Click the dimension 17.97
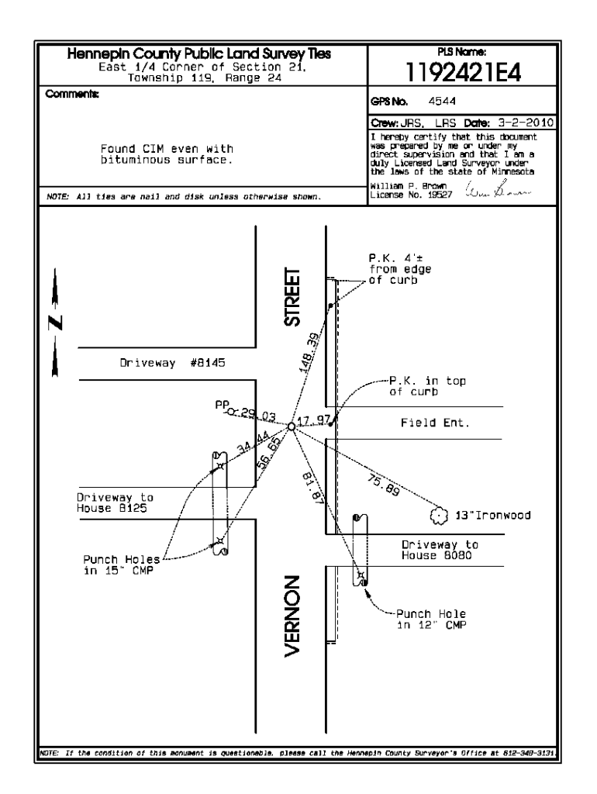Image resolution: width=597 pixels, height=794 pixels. pyautogui.click(x=316, y=419)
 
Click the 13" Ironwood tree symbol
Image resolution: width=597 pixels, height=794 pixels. pyautogui.click(x=439, y=515)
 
